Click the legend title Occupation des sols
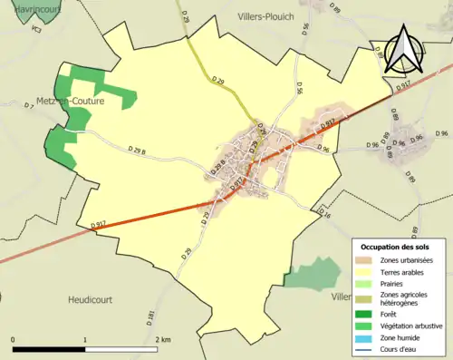coord(395,247)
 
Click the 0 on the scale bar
coord(13,340)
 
